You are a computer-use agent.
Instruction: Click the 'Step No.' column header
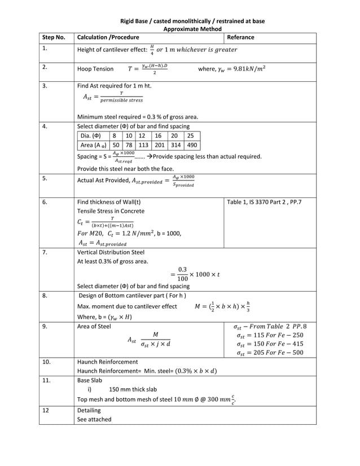pos(54,37)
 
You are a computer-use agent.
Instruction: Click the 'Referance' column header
pos(240,37)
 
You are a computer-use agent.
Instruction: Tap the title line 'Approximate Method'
pos(192,29)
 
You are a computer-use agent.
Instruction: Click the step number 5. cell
pos(45,179)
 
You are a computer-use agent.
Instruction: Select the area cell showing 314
pos(174,145)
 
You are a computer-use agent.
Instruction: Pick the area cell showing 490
pos(191,145)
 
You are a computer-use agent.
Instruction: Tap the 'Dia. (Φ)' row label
pos(90,136)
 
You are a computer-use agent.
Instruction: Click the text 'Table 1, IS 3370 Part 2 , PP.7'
pos(264,202)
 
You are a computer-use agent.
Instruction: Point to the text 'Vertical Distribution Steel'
pos(111,252)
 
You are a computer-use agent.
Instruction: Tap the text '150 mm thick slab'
pos(133,389)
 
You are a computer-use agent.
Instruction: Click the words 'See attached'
pos(94,419)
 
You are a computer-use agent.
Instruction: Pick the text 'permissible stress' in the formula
pos(121,100)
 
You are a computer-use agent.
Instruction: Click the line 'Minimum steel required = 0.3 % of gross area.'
pos(137,117)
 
